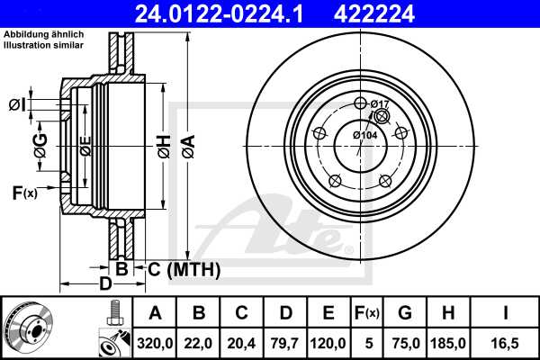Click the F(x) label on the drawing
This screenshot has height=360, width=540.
24,192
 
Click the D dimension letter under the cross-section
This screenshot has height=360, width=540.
105,285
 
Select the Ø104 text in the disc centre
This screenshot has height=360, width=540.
364,135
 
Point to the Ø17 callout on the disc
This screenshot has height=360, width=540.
380,104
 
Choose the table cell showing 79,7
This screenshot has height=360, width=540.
285,343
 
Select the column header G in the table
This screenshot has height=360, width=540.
404,314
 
